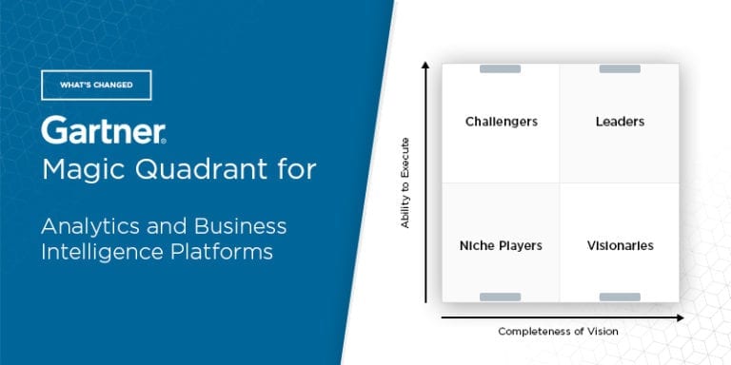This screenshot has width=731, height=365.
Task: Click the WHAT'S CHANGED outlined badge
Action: pyautogui.click(x=96, y=86)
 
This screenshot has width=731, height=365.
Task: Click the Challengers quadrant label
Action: pyautogui.click(x=501, y=122)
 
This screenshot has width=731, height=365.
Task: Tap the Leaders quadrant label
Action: pyautogui.click(x=620, y=122)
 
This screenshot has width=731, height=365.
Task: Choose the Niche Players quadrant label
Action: pyautogui.click(x=501, y=245)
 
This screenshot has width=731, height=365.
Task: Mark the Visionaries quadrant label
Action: pyautogui.click(x=620, y=245)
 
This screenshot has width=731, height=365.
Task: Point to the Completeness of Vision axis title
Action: pyautogui.click(x=558, y=331)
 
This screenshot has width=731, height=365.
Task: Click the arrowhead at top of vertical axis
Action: pyautogui.click(x=426, y=66)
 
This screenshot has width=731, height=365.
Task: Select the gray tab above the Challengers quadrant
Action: pyautogui.click(x=500, y=68)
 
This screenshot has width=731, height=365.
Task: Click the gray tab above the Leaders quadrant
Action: pyautogui.click(x=620, y=68)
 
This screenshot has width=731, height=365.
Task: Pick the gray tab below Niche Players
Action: pyautogui.click(x=500, y=298)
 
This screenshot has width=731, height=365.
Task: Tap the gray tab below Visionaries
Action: pyautogui.click(x=620, y=298)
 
